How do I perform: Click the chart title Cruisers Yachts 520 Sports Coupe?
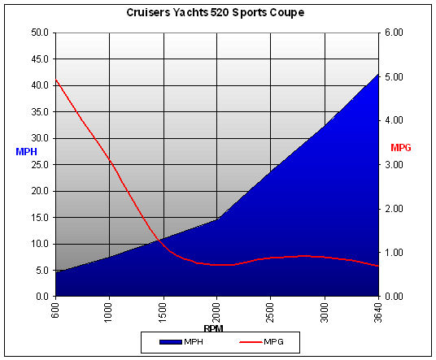click(x=218, y=13)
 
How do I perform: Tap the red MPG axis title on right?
click(x=402, y=148)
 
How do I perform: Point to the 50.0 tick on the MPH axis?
click(x=39, y=33)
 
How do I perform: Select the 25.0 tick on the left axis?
click(x=39, y=165)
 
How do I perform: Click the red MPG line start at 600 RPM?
click(x=55, y=80)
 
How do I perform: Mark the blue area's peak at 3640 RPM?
click(x=378, y=74)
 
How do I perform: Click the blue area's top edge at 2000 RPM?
click(x=217, y=219)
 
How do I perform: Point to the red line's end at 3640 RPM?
click(x=378, y=267)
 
